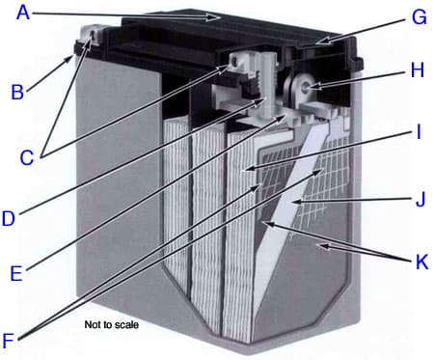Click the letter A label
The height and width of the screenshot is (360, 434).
coord(23,14)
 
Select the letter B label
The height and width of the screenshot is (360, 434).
coord(16,93)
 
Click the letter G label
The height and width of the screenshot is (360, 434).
coord(418,17)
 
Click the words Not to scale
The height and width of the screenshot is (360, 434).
coord(112,325)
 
